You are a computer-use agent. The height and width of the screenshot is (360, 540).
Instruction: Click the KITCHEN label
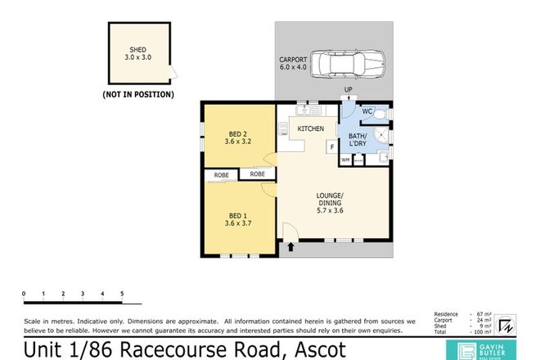tap(311, 129)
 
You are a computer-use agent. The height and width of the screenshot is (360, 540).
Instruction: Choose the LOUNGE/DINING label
tap(336, 200)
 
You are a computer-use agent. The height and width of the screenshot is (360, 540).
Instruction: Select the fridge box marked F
tap(331, 148)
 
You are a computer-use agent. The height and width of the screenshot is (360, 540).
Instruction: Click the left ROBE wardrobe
tap(221, 175)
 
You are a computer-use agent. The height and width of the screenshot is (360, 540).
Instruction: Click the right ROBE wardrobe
tap(257, 174)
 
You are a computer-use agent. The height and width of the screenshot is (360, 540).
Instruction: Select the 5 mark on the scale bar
tap(122, 292)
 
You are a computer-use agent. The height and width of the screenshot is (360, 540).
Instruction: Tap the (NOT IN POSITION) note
tap(137, 95)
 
